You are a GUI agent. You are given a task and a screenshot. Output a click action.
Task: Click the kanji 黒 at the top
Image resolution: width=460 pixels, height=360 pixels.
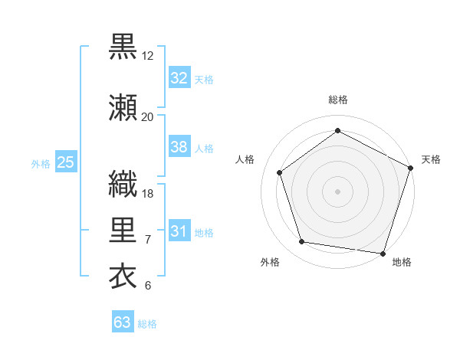tap(123, 46)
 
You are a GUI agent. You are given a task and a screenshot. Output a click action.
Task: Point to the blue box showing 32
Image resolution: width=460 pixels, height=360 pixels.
tap(179, 78)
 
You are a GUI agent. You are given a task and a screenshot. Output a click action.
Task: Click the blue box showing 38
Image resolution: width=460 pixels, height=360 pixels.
tap(179, 147)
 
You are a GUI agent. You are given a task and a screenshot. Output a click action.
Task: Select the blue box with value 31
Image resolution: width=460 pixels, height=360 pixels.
tap(179, 231)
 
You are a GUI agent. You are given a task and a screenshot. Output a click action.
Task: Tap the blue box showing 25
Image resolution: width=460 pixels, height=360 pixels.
tap(65, 162)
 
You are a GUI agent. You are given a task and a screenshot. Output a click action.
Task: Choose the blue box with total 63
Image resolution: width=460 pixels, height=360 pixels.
tap(122, 322)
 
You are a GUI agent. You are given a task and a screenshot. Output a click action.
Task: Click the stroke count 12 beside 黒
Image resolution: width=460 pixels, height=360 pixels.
tap(148, 55)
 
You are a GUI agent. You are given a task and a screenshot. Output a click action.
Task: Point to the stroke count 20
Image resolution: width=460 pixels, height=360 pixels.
tap(148, 116)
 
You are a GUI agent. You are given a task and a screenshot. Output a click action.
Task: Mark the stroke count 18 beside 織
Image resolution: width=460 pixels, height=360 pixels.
tap(148, 193)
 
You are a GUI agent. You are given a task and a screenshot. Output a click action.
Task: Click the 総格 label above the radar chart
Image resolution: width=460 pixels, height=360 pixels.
tap(337, 100)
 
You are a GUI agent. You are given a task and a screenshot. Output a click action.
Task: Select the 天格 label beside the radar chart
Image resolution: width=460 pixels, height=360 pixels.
tap(431, 159)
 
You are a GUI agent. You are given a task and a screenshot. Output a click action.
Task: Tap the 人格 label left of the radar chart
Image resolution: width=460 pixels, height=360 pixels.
tap(245, 159)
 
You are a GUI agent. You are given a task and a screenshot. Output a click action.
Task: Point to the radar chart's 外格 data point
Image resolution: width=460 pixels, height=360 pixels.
tap(302, 242)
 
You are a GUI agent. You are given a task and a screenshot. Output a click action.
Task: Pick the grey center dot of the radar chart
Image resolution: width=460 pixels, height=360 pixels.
tap(337, 191)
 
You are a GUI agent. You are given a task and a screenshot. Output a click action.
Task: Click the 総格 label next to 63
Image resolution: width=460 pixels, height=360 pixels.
tap(147, 324)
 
